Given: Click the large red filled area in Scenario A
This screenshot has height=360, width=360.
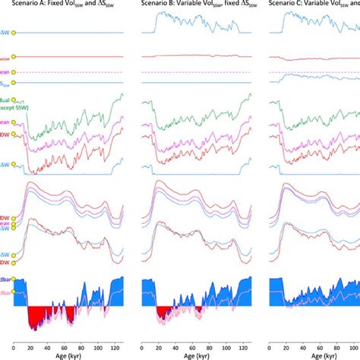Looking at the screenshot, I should coord(46,313).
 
